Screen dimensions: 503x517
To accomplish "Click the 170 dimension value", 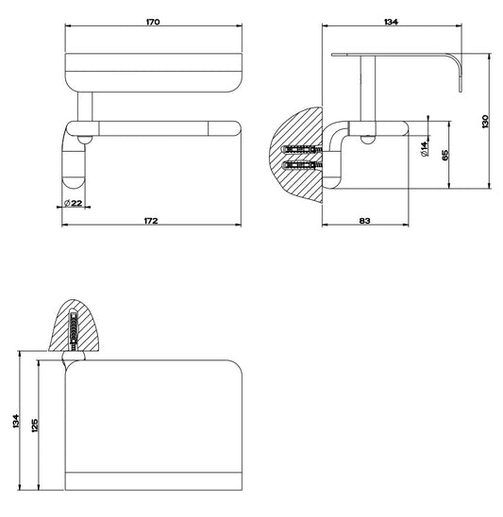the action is tap(153, 22).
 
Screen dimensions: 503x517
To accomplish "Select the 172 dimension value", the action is tap(151, 221).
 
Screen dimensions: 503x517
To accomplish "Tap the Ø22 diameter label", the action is tap(73, 203).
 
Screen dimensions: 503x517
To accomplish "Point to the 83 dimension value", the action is tap(364, 221).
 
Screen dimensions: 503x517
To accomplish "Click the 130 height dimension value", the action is tap(485, 121).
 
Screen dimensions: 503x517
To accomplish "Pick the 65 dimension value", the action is tap(444, 155).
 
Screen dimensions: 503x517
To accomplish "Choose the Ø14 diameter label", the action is tap(425, 148).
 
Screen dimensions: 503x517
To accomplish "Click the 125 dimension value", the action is tap(35, 425).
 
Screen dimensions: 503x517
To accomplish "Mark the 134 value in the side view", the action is tap(392, 22).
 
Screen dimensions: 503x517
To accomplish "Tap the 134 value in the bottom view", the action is tap(16, 421).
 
